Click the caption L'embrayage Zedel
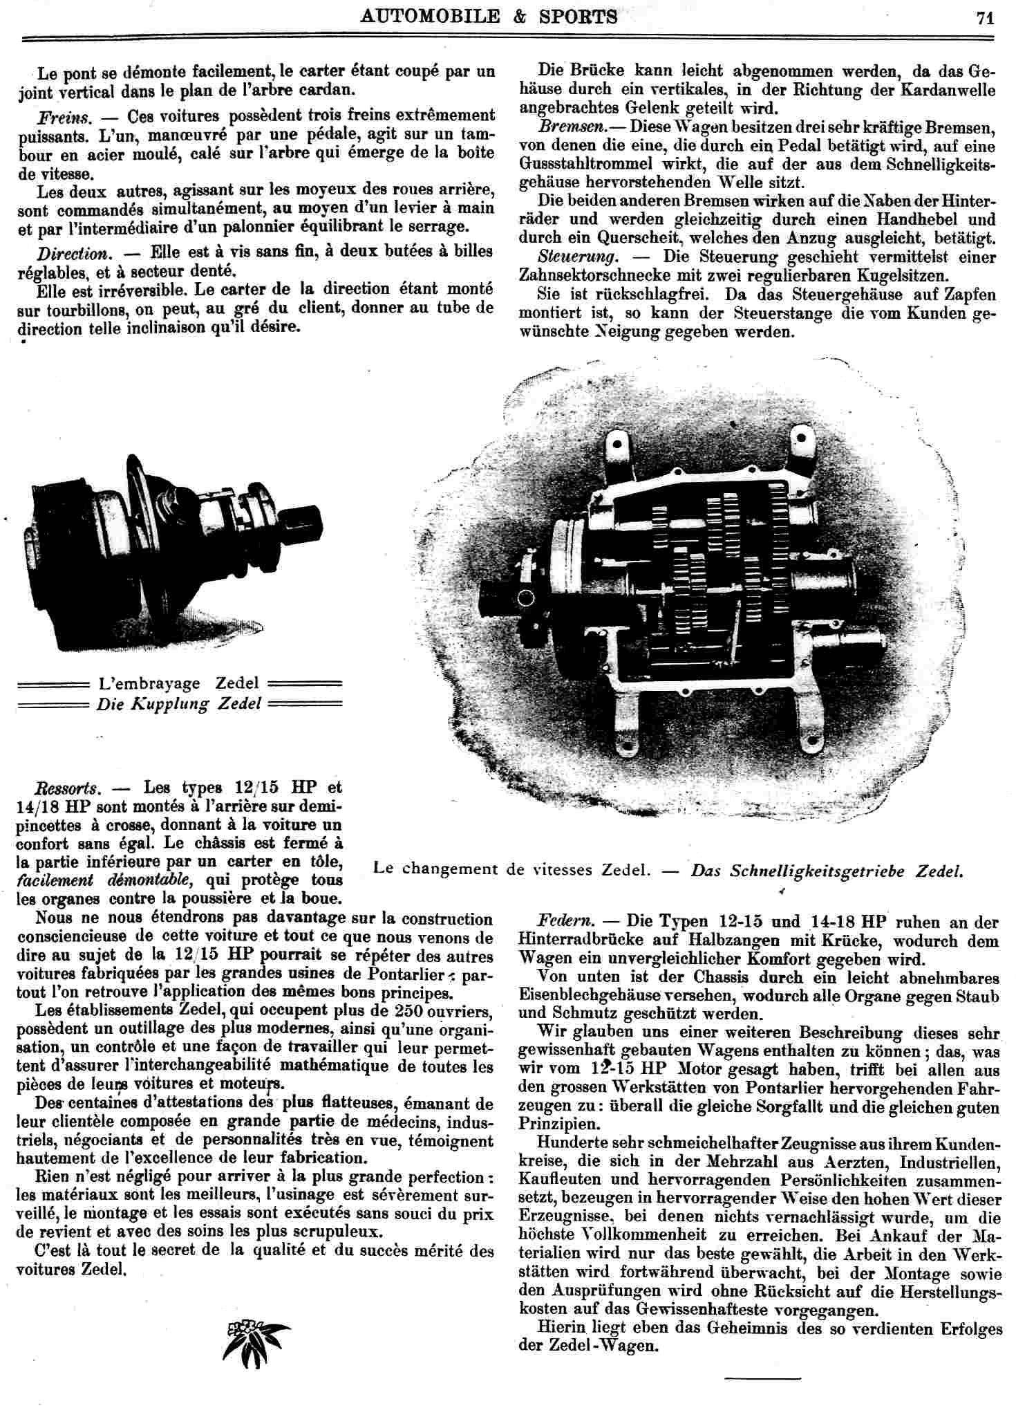pos(178,683)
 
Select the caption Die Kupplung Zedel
pos(178,704)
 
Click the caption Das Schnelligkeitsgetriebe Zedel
pos(827,870)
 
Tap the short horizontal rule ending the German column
pos(762,1379)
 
